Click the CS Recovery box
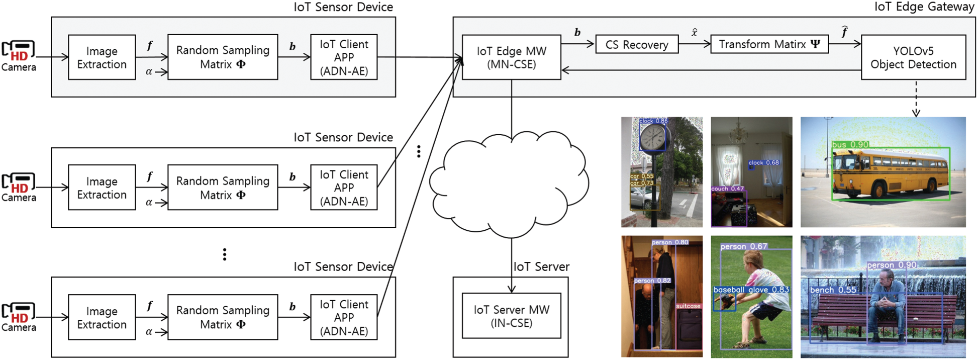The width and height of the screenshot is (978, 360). click(636, 44)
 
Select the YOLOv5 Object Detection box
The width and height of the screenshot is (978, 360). click(913, 57)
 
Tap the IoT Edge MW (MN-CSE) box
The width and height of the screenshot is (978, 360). click(511, 57)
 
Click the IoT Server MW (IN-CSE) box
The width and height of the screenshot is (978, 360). click(511, 316)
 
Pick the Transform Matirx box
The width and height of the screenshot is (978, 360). click(769, 44)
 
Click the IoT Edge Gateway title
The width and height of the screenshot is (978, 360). click(924, 7)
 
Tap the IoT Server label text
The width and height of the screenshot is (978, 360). click(541, 266)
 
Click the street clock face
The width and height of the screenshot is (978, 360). click(652, 137)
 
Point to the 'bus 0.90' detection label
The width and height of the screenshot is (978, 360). click(850, 145)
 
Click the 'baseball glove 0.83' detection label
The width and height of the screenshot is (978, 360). click(751, 290)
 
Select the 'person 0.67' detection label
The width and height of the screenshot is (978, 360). click(744, 246)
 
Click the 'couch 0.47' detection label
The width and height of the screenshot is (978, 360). click(727, 189)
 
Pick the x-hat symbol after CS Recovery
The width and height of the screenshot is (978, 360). click(694, 33)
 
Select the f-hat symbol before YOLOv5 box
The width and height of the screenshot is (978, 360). click(844, 32)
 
